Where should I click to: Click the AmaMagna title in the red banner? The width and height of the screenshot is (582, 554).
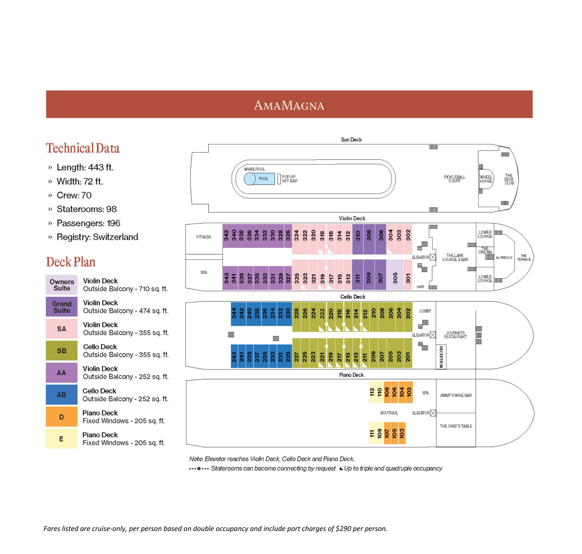click(x=289, y=105)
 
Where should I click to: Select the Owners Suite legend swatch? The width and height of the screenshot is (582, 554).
click(x=61, y=285)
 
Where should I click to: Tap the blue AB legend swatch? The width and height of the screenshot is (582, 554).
click(x=61, y=395)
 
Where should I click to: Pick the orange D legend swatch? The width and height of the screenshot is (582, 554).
click(x=61, y=417)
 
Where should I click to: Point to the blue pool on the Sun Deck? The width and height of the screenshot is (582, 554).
click(x=259, y=179)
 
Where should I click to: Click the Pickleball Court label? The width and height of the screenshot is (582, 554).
click(x=454, y=179)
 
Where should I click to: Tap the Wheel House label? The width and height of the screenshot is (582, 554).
click(x=486, y=179)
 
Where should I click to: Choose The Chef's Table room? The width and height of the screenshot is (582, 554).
click(x=456, y=430)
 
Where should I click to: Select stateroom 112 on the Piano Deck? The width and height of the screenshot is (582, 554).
click(x=372, y=392)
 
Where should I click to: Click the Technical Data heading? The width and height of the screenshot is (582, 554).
click(x=83, y=148)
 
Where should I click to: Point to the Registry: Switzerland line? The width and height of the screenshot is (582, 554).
click(x=97, y=237)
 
